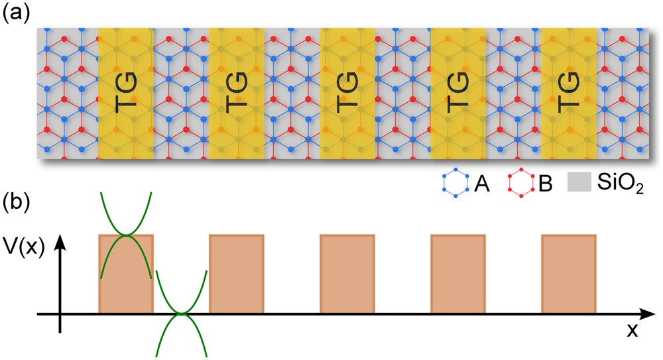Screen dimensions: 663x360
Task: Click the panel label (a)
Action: click(x=15, y=15)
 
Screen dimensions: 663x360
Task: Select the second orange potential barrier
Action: click(x=237, y=273)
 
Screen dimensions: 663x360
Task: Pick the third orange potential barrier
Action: click(x=347, y=273)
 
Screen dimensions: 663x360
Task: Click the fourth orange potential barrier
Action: click(x=458, y=273)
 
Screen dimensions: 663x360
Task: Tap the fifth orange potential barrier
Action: click(x=569, y=273)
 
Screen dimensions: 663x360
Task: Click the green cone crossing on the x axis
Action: click(x=181, y=313)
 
